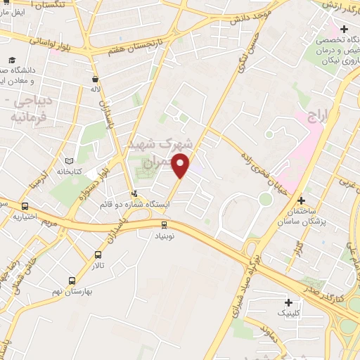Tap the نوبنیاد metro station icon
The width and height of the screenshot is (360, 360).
pos(164,225)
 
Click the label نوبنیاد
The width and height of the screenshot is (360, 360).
pos(164,237)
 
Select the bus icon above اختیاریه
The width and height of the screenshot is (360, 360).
pos(25,207)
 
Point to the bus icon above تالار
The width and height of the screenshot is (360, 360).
pos(98,255)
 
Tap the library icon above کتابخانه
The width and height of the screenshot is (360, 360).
pos(69,161)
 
